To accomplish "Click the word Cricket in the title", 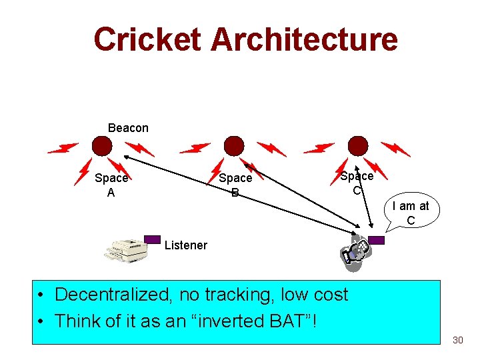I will (x=148, y=39).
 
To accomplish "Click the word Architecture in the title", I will (x=304, y=39).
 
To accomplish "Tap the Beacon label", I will (x=128, y=127).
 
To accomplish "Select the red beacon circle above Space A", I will (x=102, y=145).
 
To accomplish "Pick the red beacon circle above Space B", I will (x=233, y=145).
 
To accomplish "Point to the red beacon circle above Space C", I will (x=358, y=145).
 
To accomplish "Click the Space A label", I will (x=111, y=185).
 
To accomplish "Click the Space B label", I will (x=235, y=185).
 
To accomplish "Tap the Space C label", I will (x=357, y=183).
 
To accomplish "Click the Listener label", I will (x=185, y=245).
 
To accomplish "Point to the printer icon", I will (x=126, y=249).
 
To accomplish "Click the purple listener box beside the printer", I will (x=153, y=239).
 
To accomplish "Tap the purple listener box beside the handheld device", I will (x=376, y=240).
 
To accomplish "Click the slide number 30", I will (x=457, y=340).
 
